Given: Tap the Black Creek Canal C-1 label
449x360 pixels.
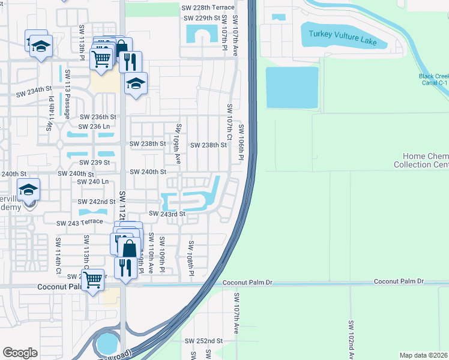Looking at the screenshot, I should (x=433, y=80).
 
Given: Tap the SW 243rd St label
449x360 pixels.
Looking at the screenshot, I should (x=164, y=214).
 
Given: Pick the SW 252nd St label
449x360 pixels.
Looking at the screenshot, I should (x=203, y=340).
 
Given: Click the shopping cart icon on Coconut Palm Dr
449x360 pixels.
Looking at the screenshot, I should (x=92, y=280).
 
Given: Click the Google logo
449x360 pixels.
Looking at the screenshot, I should (x=20, y=353).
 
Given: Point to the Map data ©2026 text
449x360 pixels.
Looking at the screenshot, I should (x=423, y=355).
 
